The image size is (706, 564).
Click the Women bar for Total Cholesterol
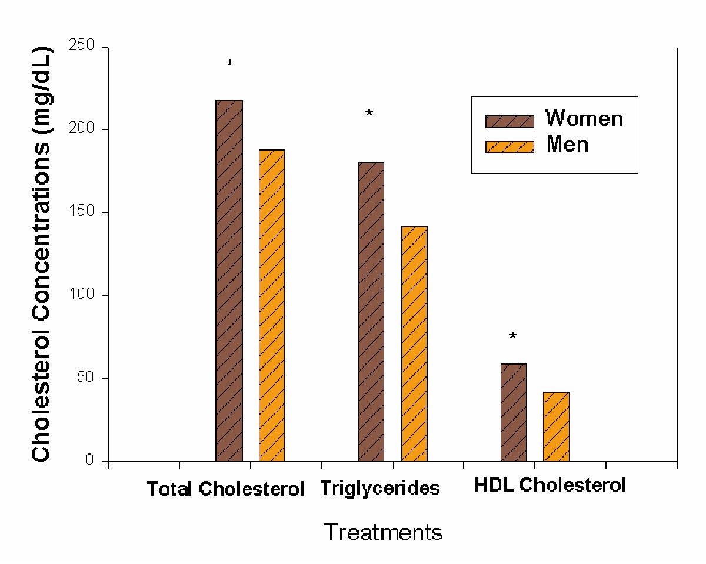coord(229,281)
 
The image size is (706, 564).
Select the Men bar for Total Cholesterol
coord(272,305)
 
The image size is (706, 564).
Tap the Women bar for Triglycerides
coord(371,312)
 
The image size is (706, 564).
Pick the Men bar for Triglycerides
coord(414,343)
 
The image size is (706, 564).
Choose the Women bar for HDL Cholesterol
coord(514,412)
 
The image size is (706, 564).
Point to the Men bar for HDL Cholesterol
coord(556,426)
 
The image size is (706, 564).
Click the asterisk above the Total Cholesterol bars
coord(229,64)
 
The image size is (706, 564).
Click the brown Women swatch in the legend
coord(509,121)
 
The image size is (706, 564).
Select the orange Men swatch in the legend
coord(509,146)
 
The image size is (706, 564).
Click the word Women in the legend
coord(584,119)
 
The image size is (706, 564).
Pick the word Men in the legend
coord(567,144)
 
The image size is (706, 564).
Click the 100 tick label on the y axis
coord(82,295)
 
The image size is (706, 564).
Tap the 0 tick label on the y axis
coord(89,461)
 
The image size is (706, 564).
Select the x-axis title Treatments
coord(383,532)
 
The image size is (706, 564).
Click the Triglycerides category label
coord(380,488)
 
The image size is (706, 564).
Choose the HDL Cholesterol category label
coord(550,486)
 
